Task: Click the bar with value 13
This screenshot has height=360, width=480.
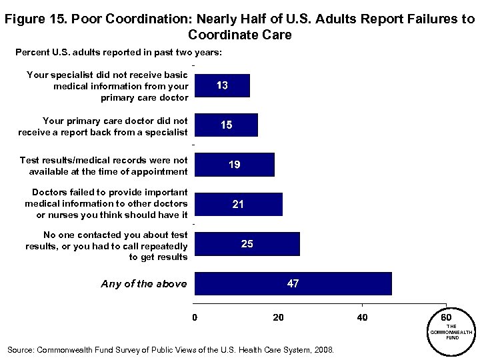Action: (222, 86)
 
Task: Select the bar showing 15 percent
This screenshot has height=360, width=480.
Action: (226, 125)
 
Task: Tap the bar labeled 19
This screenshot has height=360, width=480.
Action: (234, 165)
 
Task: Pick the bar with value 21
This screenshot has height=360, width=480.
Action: (238, 205)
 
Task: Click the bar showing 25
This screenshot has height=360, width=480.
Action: (247, 244)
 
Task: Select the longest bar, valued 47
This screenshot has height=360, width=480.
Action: (293, 283)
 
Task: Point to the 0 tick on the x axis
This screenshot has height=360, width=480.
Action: (195, 317)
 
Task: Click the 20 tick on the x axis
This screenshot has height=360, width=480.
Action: (278, 317)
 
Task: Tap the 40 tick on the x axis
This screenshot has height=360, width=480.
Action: (362, 317)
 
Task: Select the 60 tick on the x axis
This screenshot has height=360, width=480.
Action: (446, 316)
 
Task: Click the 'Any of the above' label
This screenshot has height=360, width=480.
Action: (143, 284)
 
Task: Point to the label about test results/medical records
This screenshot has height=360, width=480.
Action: (103, 165)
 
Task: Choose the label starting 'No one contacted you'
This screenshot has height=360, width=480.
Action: (107, 245)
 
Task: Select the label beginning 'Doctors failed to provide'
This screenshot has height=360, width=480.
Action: (105, 203)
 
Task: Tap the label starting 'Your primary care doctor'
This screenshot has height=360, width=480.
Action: (103, 126)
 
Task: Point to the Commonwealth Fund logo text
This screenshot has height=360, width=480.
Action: (451, 331)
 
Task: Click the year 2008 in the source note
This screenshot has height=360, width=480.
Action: (325, 349)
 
